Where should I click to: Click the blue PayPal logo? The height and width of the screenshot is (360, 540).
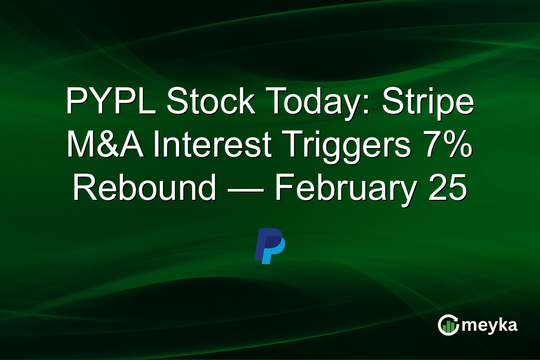[270, 246]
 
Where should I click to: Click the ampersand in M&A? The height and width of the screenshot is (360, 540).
[107, 146]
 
